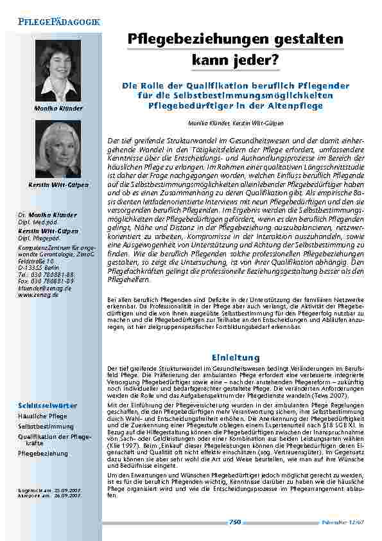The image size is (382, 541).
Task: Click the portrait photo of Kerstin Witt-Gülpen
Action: (x=58, y=149)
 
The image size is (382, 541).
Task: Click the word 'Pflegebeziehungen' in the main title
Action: (x=189, y=39)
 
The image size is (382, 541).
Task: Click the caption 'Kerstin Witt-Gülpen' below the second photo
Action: (x=58, y=185)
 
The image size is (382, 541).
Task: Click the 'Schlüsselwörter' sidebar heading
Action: (x=47, y=406)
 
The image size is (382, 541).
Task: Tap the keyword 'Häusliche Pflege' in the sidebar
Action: (x=42, y=416)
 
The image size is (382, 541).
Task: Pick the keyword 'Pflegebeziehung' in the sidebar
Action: (x=43, y=454)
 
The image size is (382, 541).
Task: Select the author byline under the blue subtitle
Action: (x=236, y=122)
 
